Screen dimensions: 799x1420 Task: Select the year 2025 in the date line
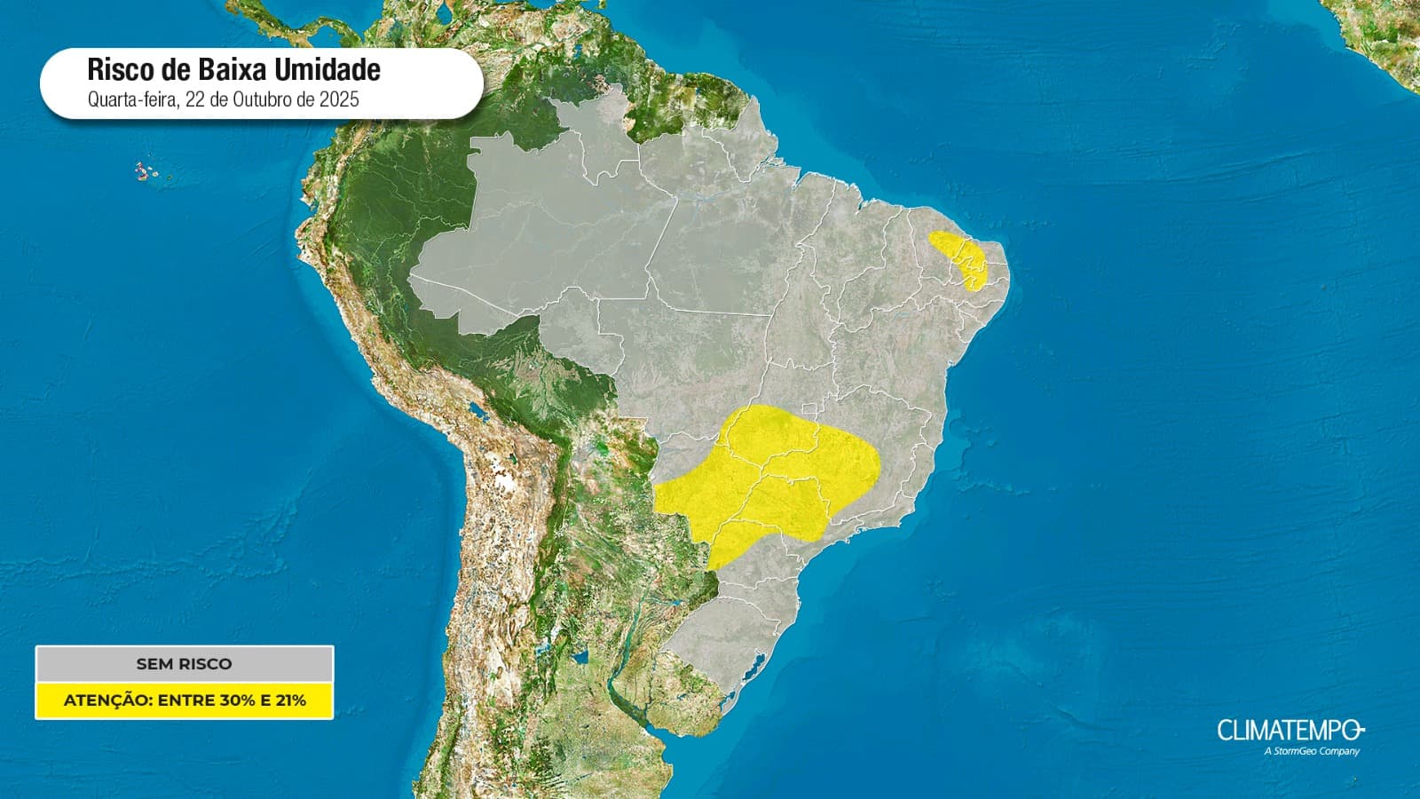click(341, 99)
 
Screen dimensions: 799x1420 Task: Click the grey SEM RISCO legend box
click(184, 664)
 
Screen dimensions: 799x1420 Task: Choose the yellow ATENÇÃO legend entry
click(184, 700)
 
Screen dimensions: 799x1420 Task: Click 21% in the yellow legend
click(290, 700)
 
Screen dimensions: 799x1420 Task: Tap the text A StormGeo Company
click(1311, 752)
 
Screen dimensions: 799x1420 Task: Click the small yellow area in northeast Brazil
click(962, 257)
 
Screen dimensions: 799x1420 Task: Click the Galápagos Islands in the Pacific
click(144, 170)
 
